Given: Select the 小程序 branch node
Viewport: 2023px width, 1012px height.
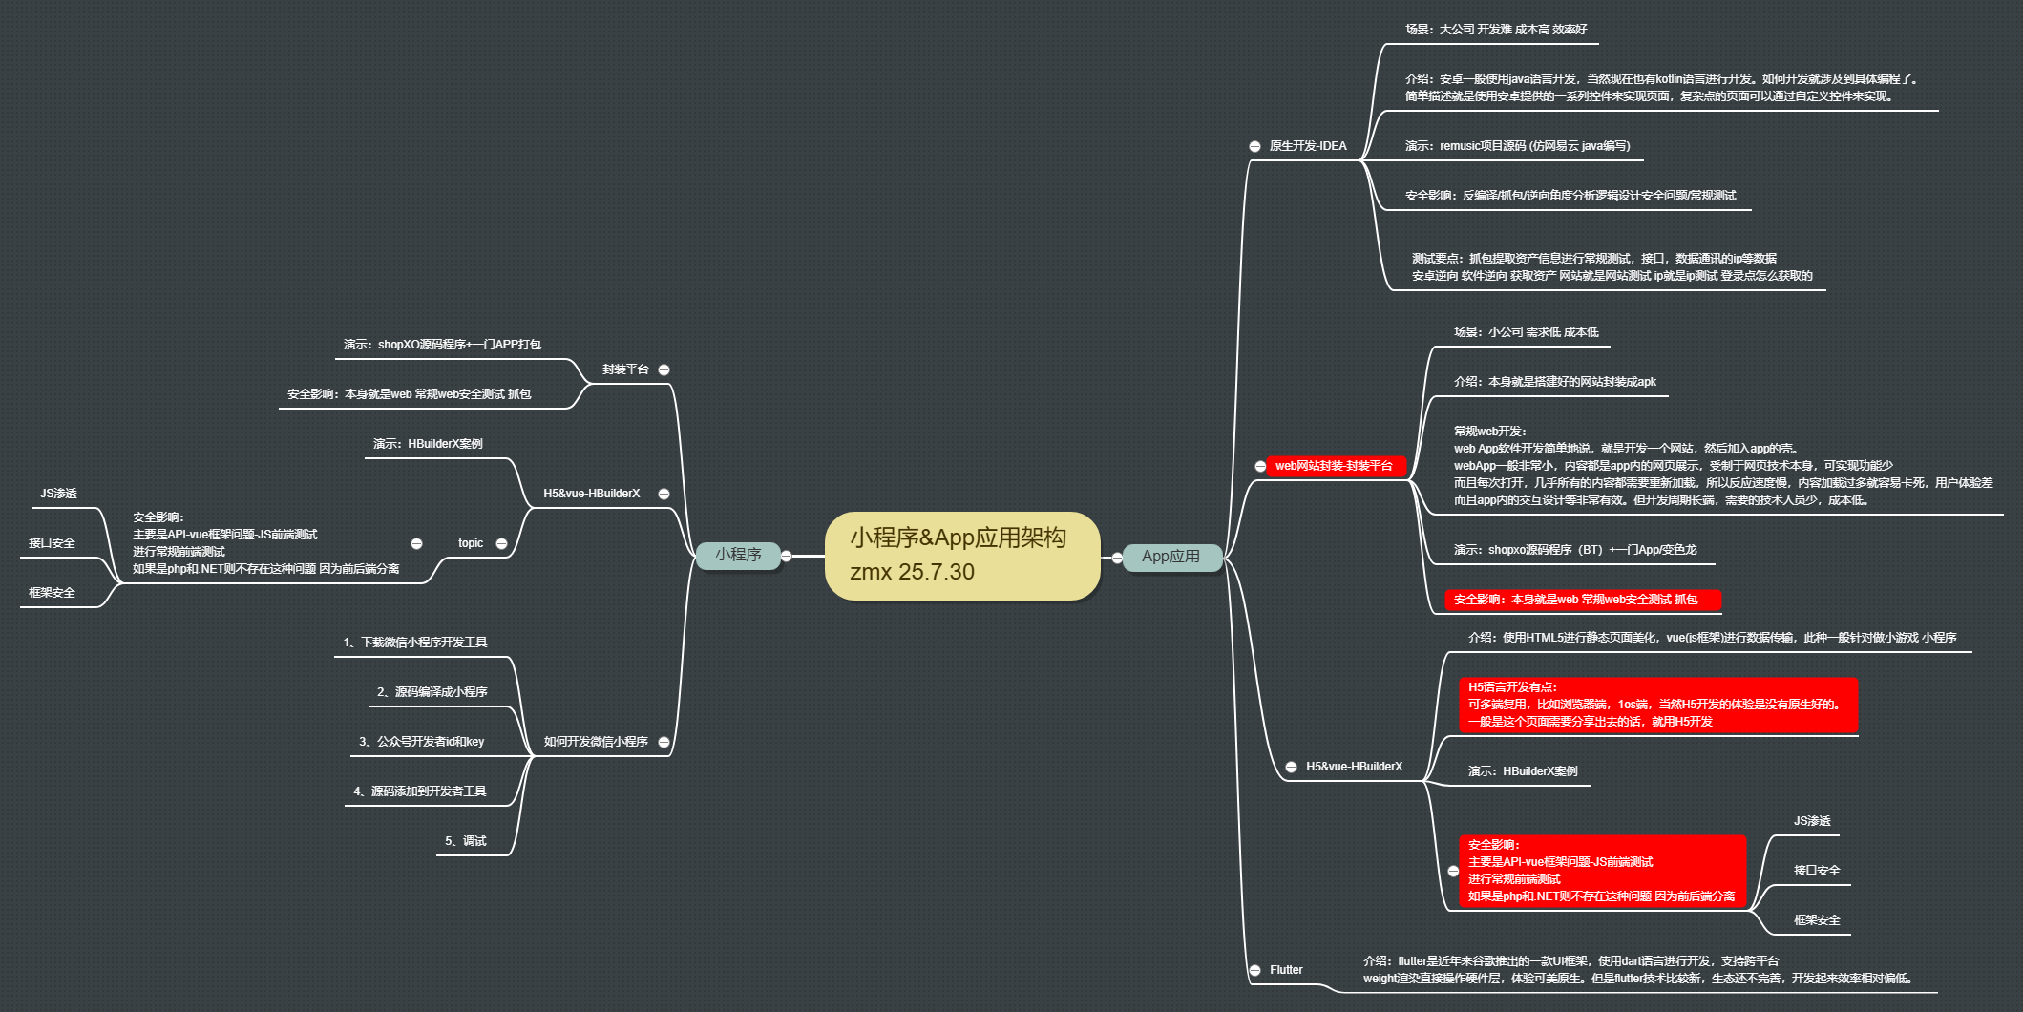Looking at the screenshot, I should pos(738,555).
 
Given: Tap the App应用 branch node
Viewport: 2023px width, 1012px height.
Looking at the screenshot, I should pos(1170,557).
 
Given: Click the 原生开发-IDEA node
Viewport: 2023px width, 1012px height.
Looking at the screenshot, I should pos(1307,146).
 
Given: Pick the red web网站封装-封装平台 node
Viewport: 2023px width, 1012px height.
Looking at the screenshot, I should pos(1334,466).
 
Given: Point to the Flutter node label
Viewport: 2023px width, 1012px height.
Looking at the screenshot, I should pos(1286,970).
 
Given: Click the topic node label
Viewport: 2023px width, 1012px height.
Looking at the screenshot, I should pos(471,543).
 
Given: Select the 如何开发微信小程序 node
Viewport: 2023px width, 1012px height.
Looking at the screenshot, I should pos(596,742).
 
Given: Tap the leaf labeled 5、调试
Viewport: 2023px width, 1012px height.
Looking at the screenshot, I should pos(466,841).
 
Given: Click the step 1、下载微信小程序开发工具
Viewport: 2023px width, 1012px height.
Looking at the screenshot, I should pos(415,643).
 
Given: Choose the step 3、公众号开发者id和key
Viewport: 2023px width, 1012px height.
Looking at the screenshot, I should pos(422,742).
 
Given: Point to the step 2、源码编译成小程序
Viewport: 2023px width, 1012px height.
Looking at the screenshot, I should pos(432,692).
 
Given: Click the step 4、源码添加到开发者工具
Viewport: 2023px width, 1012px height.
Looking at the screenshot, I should pos(420,791).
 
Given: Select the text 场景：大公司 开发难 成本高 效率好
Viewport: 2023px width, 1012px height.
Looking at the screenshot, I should pos(1496,30).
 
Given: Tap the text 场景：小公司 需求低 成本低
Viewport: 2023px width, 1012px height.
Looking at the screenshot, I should pos(1526,332).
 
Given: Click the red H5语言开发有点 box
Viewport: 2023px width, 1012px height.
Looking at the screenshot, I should pos(1657,705).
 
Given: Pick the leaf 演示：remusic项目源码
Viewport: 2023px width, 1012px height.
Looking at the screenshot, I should pos(1517,146).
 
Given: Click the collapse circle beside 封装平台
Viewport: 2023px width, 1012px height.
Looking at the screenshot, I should pos(664,369).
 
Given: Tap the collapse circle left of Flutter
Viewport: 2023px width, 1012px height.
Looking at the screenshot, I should pos(1254,970).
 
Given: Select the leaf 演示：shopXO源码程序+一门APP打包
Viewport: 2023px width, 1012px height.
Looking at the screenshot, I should pos(443,345).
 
